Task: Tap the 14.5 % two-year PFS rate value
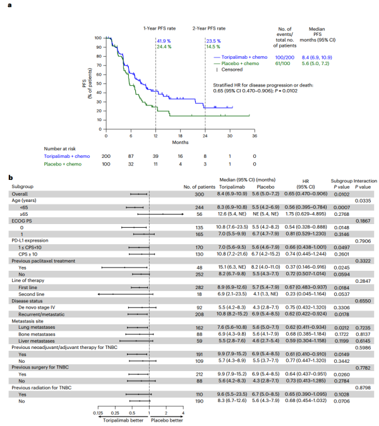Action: point(212,46)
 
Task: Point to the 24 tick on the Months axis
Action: point(205,135)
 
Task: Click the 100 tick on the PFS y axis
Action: point(97,38)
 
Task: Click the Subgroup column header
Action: point(23,185)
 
